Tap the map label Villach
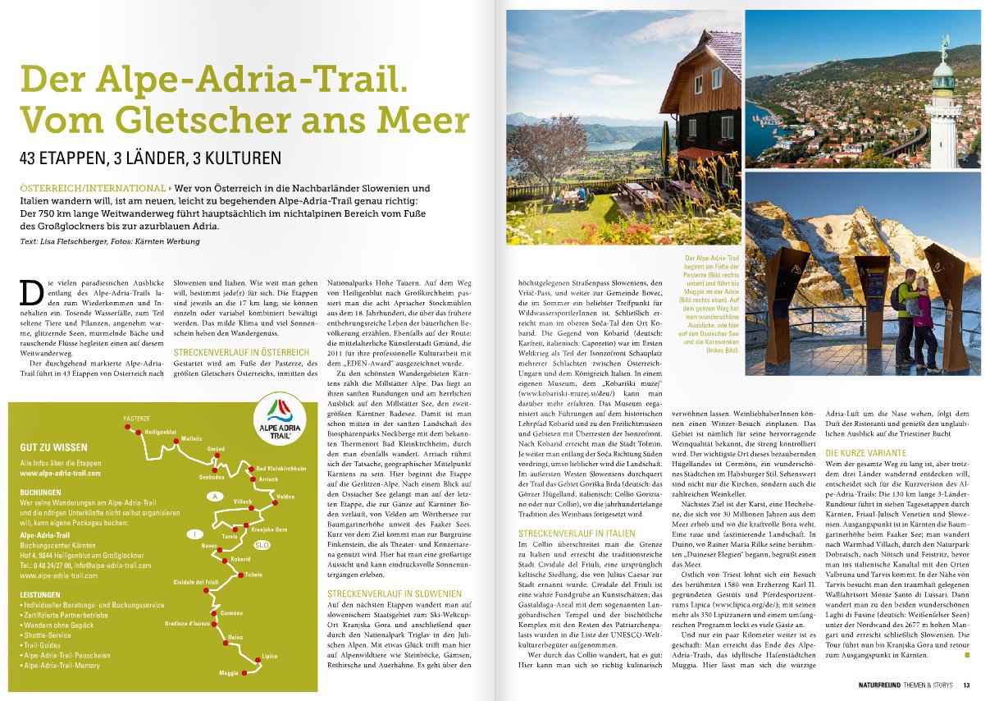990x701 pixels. coord(243,501)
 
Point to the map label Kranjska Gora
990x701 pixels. coord(269,529)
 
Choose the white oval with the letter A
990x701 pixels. coord(215,497)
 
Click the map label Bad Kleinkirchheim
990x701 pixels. coord(281,468)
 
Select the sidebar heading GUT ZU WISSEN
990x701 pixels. coord(53,447)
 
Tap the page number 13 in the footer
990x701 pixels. coord(967,685)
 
